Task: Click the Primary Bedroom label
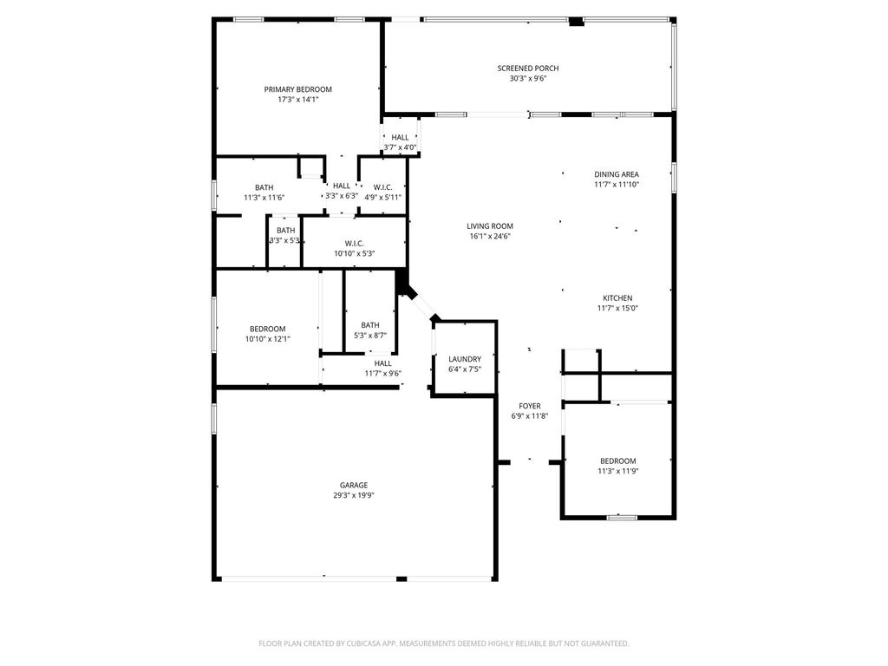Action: point(297,89)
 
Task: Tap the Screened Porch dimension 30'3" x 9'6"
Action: point(527,79)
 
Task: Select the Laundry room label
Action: point(465,359)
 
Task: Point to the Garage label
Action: point(353,485)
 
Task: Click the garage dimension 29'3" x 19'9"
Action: point(353,496)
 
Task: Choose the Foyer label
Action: point(530,406)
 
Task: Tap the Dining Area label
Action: point(617,174)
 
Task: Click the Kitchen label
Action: point(617,298)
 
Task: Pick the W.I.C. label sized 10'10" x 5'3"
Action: point(354,244)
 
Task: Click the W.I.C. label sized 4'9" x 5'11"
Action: point(382,187)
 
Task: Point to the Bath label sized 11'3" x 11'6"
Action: point(264,187)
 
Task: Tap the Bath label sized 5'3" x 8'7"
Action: point(370,325)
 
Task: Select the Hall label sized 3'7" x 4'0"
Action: point(400,137)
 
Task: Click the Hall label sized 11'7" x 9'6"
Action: point(382,363)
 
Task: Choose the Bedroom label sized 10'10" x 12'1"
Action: point(267,329)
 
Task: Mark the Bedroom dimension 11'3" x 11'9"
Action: point(617,472)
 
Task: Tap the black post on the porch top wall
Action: point(575,21)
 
